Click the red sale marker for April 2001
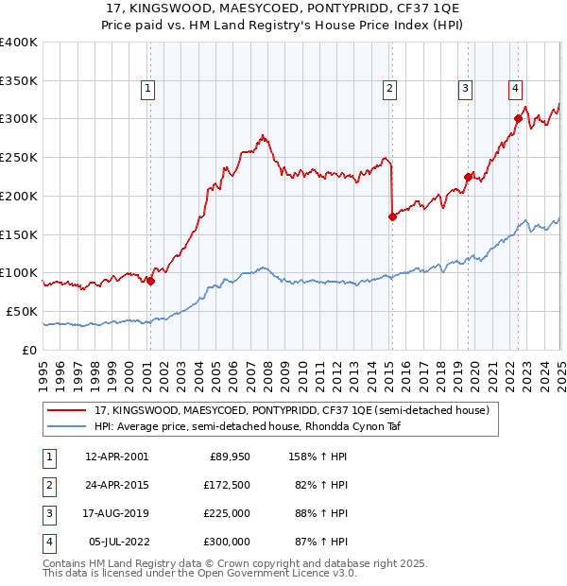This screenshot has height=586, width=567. (150, 280)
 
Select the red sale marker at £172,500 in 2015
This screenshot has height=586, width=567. (392, 216)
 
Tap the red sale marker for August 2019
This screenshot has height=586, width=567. (468, 176)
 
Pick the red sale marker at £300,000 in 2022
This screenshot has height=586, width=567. (518, 118)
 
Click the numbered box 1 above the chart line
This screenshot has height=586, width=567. (149, 90)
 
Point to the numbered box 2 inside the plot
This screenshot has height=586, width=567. (389, 90)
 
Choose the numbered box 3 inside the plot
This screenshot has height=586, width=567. (466, 90)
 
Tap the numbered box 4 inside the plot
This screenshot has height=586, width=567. (516, 90)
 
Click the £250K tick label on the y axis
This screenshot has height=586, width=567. (19, 157)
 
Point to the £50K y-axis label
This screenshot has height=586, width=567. (23, 311)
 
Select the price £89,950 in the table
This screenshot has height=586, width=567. (230, 457)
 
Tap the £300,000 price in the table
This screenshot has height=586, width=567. (227, 542)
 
